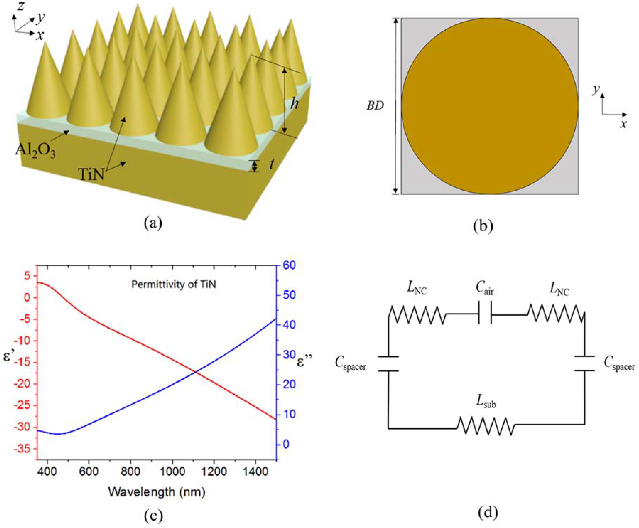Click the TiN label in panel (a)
[91, 174]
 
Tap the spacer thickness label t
[271, 165]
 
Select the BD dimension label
[375, 106]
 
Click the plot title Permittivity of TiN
[173, 284]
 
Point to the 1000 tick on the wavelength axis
[172, 471]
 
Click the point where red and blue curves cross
[195, 372]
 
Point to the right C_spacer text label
[619, 364]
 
